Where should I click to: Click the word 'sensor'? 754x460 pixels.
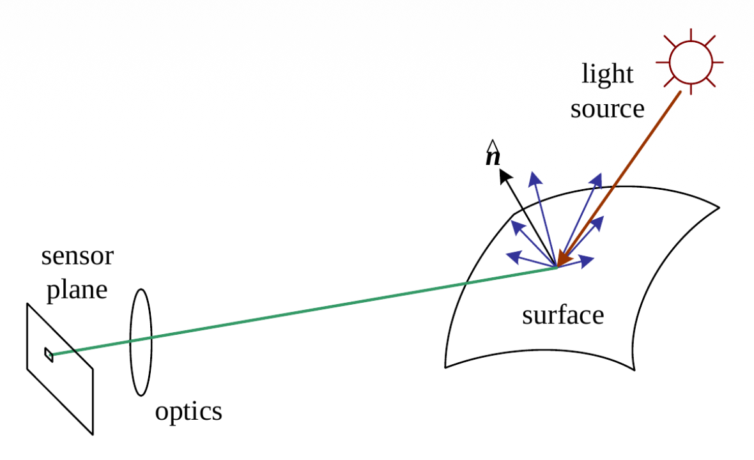click(77, 256)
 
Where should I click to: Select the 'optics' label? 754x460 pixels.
click(188, 411)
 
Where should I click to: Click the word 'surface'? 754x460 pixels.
click(562, 315)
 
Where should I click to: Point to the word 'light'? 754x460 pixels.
click(607, 74)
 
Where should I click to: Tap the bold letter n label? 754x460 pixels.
click(492, 157)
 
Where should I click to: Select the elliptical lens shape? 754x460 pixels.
click(141, 342)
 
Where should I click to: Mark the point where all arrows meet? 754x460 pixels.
click(557, 266)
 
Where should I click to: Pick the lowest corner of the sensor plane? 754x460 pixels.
click(93, 434)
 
